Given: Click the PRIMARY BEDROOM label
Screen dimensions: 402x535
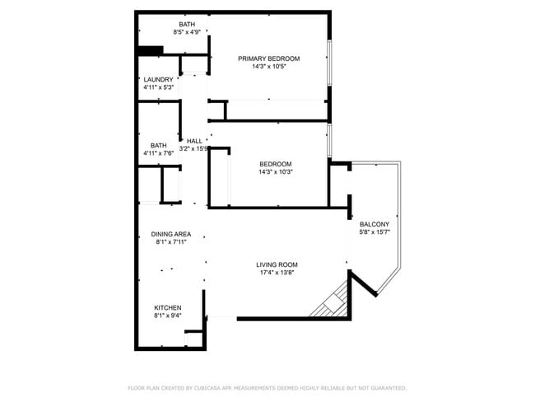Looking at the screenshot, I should click(x=268, y=58).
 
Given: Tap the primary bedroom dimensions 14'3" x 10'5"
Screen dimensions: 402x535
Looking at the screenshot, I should click(x=268, y=67).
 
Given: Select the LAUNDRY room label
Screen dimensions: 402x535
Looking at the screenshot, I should click(x=158, y=79).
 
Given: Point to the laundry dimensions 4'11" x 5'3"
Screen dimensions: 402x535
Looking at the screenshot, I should click(x=158, y=87).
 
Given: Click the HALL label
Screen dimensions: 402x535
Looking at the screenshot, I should click(x=194, y=141).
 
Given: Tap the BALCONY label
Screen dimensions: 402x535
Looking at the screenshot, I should click(x=374, y=224).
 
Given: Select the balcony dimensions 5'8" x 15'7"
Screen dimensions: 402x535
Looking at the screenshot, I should click(x=374, y=232).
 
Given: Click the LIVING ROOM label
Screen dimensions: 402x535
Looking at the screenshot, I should click(x=277, y=264).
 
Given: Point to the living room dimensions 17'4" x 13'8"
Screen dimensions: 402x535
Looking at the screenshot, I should click(x=277, y=273).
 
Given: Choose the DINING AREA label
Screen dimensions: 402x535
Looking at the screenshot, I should click(x=170, y=234).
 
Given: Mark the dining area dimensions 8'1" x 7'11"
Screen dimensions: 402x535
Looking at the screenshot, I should click(x=170, y=242).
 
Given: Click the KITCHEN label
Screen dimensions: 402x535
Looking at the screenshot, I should click(x=167, y=307).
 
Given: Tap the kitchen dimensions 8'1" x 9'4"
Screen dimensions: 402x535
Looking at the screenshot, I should click(x=167, y=316).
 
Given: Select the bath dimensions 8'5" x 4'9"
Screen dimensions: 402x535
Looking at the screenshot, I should click(x=187, y=33).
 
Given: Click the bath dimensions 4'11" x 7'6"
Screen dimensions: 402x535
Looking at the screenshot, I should click(x=158, y=153).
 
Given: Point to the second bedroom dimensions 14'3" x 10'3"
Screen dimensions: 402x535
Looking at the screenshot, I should click(x=275, y=171).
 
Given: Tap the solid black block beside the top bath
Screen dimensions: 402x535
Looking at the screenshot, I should click(x=150, y=50).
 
